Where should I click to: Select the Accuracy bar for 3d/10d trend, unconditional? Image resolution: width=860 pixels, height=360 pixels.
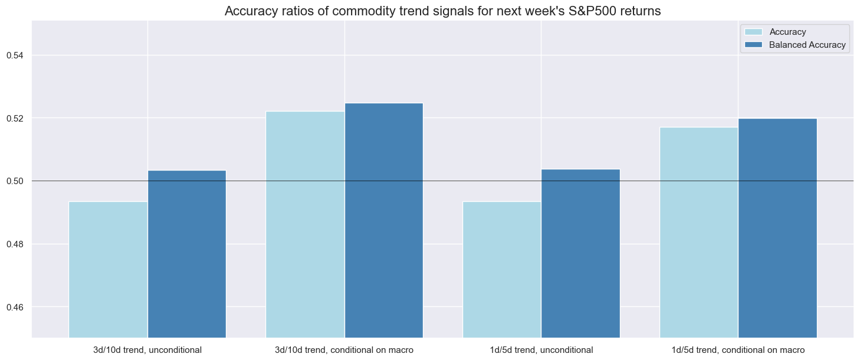[108, 269]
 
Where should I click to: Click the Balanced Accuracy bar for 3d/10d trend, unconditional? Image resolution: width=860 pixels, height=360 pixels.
[187, 254]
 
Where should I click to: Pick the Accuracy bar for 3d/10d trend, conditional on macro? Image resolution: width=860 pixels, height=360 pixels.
[305, 224]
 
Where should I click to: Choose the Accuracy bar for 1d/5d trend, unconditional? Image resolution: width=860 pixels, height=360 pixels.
[502, 269]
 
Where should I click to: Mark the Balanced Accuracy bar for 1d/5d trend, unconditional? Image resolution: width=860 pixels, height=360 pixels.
[581, 253]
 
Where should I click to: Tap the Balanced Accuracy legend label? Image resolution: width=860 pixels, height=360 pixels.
[807, 45]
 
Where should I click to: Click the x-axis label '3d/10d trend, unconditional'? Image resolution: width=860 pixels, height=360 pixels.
[147, 350]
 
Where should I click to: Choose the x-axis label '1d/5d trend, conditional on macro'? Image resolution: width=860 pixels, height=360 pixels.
[738, 350]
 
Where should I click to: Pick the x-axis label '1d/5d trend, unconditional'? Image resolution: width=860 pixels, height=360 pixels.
[541, 350]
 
